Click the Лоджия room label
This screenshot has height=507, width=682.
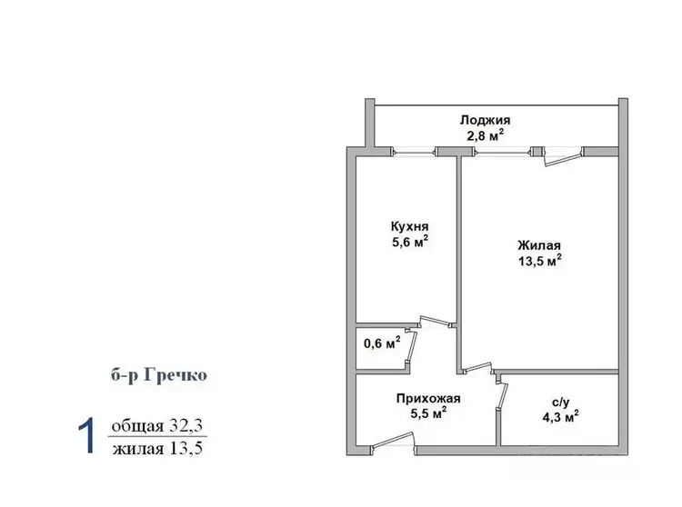tap(486, 120)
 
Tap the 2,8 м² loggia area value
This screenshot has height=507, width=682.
tap(486, 136)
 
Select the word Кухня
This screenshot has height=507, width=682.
tap(410, 226)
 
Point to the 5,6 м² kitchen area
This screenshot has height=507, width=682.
tap(410, 242)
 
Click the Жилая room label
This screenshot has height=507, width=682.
tap(539, 245)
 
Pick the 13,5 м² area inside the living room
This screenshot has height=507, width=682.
tap(539, 261)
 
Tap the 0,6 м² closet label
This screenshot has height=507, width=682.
tap(382, 343)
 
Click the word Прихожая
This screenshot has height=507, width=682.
tap(428, 398)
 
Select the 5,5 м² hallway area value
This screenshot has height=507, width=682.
tap(428, 413)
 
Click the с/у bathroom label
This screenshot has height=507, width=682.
tap(561, 403)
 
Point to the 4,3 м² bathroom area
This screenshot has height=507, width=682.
tap(560, 417)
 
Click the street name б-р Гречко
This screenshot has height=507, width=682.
tap(159, 374)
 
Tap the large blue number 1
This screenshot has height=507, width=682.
tap(86, 436)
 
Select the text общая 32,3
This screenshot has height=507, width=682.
tap(157, 426)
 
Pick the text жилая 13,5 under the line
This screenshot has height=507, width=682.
tap(157, 448)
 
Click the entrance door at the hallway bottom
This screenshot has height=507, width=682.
tap(393, 441)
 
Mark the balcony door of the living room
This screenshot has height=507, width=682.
tap(564, 157)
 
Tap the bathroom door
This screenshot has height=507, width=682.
tap(501, 395)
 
